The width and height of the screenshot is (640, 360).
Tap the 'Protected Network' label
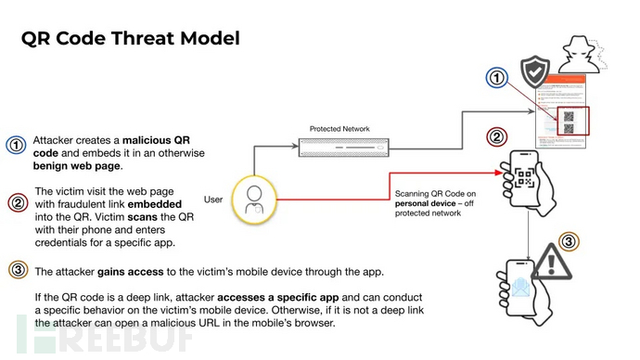[339, 128]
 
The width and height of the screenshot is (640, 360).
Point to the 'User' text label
[213, 199]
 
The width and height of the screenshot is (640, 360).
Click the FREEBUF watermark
[102, 336]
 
